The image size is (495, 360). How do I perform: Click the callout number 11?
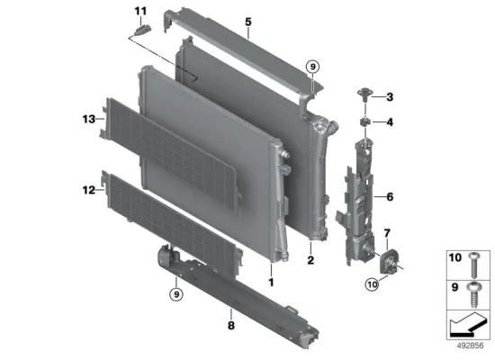coord(140,12)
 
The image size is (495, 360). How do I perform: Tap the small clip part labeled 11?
coord(144,31)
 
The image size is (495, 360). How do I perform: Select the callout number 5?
coord(248,22)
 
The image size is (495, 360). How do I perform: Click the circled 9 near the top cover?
coord(312,67)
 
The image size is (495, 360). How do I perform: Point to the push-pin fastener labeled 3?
coord(364,94)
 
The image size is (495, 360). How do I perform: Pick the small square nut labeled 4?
coord(364,121)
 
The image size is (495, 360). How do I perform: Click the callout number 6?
coord(390,197)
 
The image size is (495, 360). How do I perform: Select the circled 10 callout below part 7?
coord(373,284)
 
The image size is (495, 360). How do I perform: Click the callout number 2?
coord(310,260)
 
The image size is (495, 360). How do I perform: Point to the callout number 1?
coord(271,282)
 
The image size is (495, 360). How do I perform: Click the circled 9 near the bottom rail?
coord(176,294)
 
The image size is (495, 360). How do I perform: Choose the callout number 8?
coord(231,325)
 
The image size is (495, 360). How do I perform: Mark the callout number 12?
coord(89,190)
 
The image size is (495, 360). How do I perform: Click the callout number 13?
coord(89,119)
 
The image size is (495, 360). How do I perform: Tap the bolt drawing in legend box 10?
coord(473,265)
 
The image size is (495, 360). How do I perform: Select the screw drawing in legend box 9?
coord(473,294)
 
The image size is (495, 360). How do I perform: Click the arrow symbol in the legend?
coord(468,325)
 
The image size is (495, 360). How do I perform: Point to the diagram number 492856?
coord(470,346)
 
